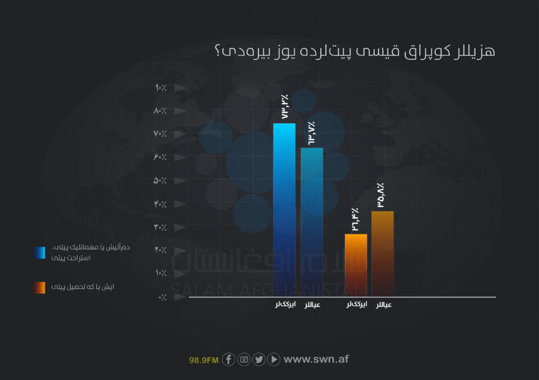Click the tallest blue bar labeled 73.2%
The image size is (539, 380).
284,209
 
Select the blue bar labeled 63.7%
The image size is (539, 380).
312,222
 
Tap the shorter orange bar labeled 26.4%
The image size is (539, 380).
356,265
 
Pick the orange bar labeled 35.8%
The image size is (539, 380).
383,254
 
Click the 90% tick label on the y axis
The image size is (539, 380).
161,87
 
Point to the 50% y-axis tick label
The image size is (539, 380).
160,180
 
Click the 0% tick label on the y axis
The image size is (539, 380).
162,297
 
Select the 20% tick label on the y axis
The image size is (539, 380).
161,250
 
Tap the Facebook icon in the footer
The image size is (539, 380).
229,360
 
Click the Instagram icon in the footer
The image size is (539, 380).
244,360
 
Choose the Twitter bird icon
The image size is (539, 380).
259,360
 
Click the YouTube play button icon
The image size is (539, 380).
274,360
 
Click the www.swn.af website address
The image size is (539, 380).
316,359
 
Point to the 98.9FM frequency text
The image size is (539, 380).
204,360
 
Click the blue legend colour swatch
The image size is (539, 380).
40,253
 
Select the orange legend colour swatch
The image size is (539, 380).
40,288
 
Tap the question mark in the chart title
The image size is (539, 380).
217,50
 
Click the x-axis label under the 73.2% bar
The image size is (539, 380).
285,305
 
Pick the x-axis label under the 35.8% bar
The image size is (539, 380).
384,305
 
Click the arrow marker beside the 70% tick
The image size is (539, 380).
180,134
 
